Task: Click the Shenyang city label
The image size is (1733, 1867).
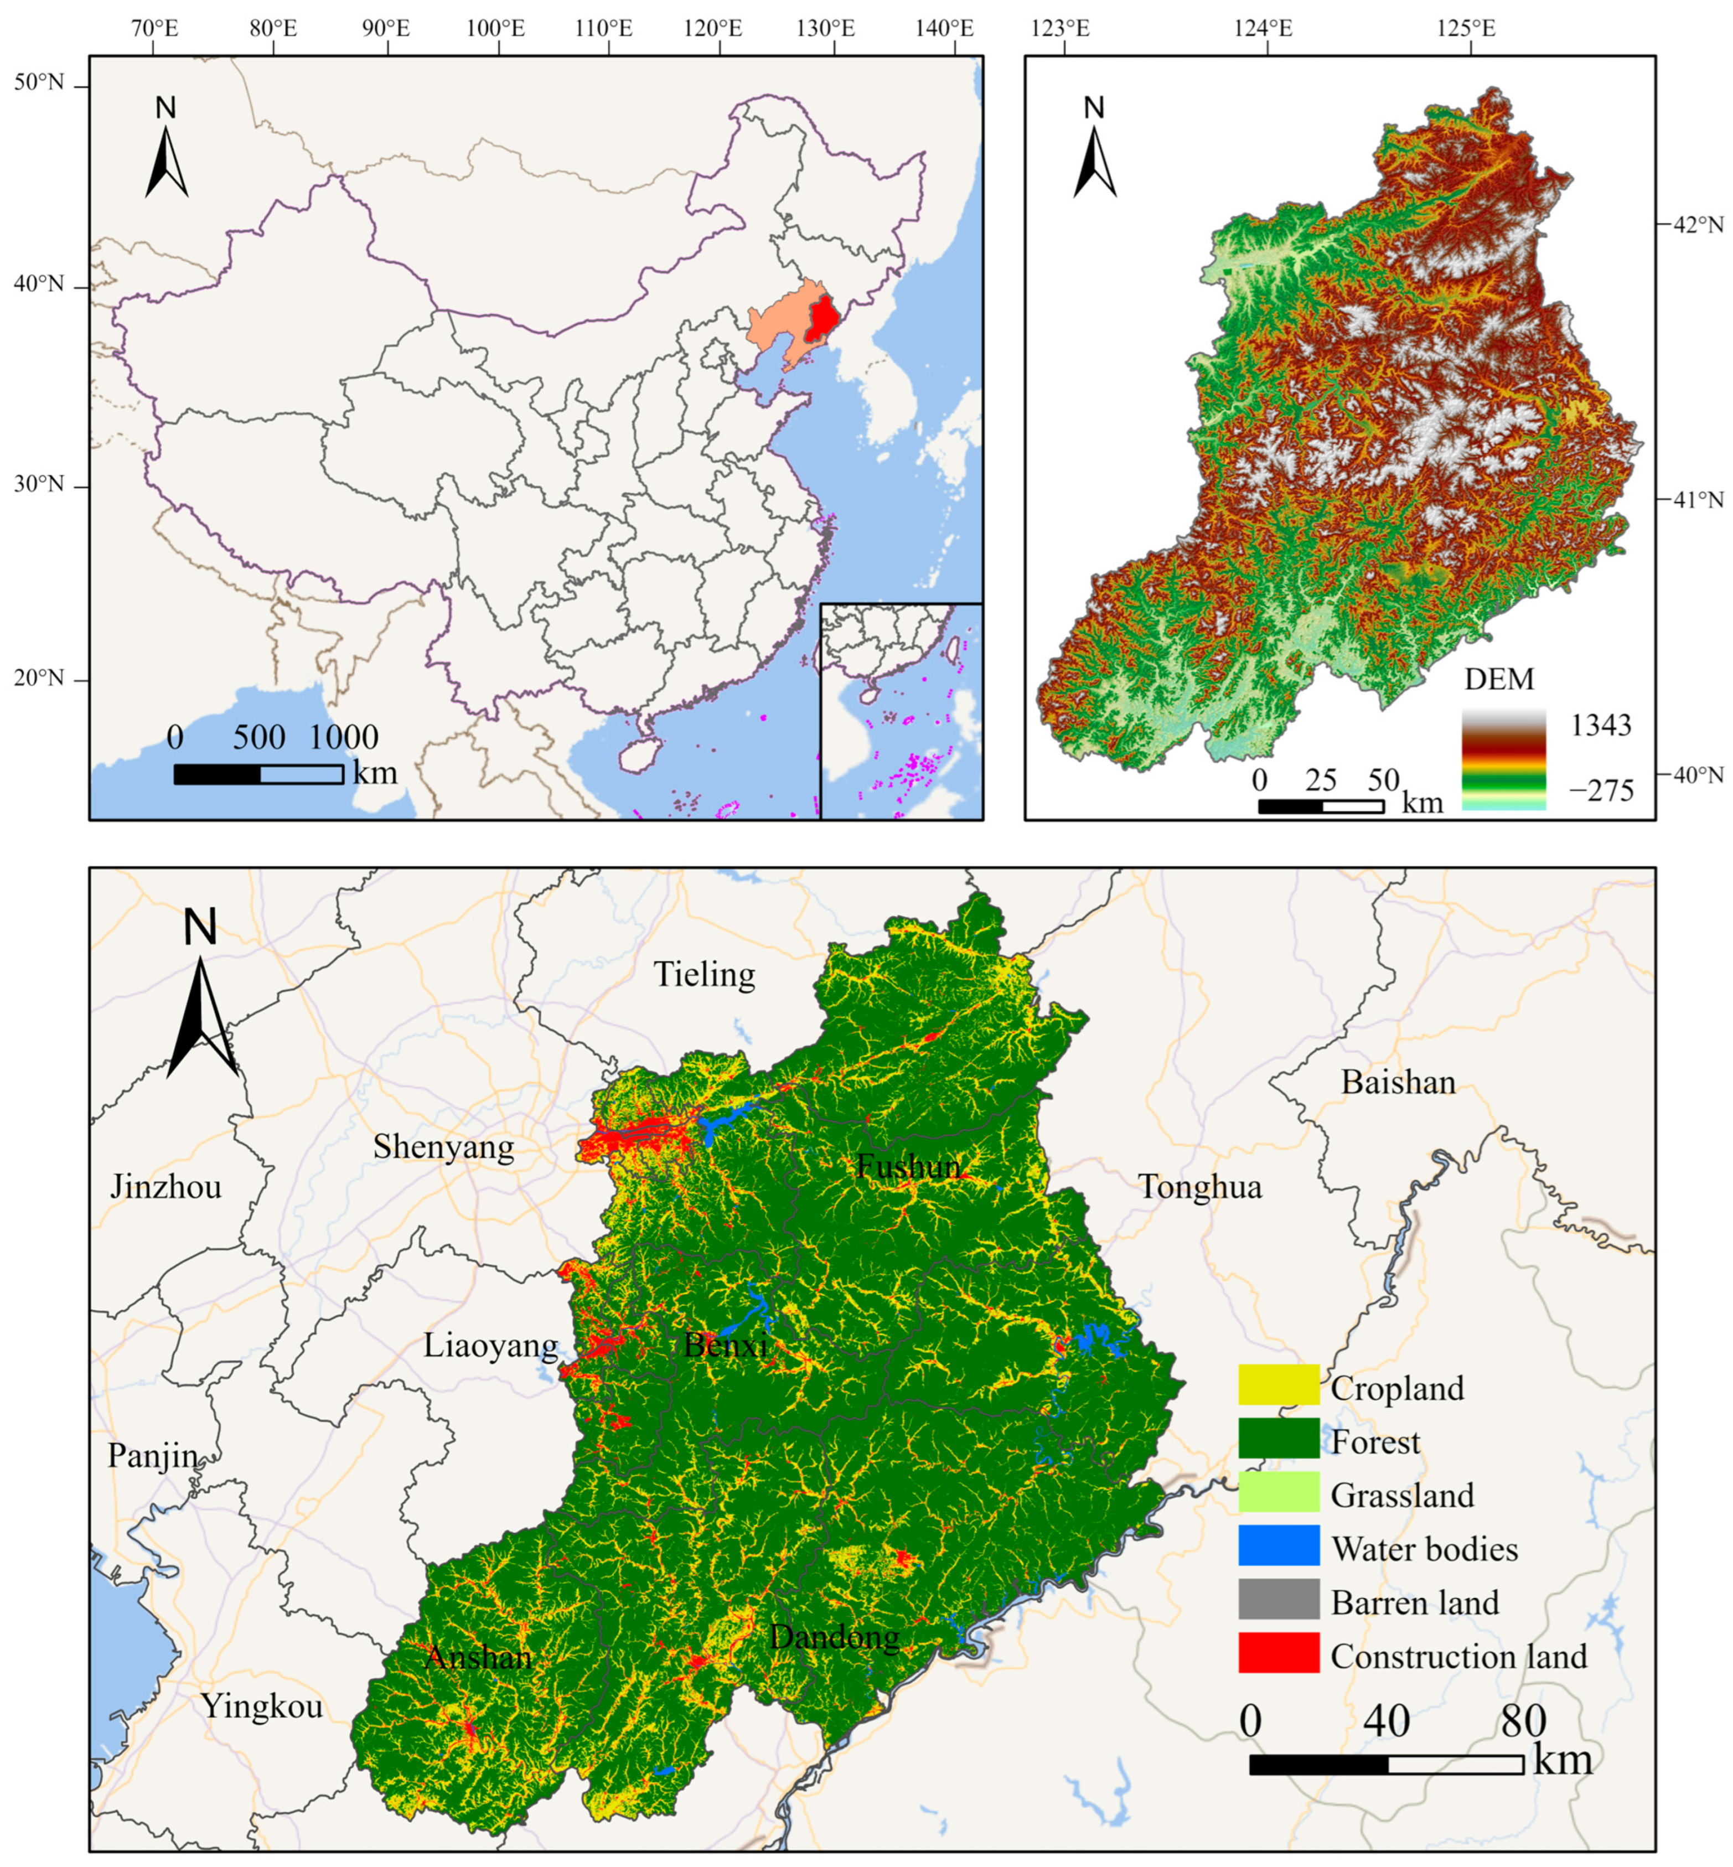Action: pyautogui.click(x=443, y=1148)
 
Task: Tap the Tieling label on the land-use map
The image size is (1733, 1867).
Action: pyautogui.click(x=704, y=975)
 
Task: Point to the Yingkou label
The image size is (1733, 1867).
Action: pyautogui.click(x=262, y=1706)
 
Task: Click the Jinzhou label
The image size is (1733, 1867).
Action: pyautogui.click(x=166, y=1187)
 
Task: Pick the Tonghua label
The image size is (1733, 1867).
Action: pyautogui.click(x=1201, y=1187)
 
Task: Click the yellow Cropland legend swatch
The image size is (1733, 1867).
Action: pyautogui.click(x=1278, y=1385)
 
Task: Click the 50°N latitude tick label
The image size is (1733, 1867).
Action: pyautogui.click(x=39, y=84)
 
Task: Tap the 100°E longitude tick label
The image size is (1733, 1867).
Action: pyautogui.click(x=495, y=28)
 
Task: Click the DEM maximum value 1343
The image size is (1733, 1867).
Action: pyautogui.click(x=1601, y=725)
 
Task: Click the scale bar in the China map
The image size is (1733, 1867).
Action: pyautogui.click(x=259, y=774)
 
